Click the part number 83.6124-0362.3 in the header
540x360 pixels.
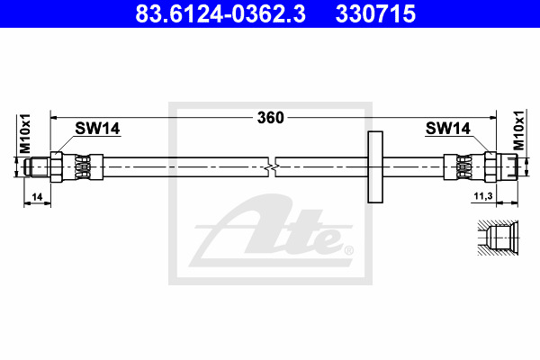pos(220,13)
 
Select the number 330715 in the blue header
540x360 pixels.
pos(375,13)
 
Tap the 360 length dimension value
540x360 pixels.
pos(271,118)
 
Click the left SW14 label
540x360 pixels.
pos(97,129)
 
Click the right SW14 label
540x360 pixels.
pos(447,129)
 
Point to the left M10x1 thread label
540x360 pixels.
pos(25,133)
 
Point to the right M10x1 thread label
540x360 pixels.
pos(518,130)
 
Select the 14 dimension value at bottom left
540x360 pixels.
pos(37,197)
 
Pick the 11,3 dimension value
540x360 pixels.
pos(483,196)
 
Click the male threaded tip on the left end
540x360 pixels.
pos(37,167)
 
